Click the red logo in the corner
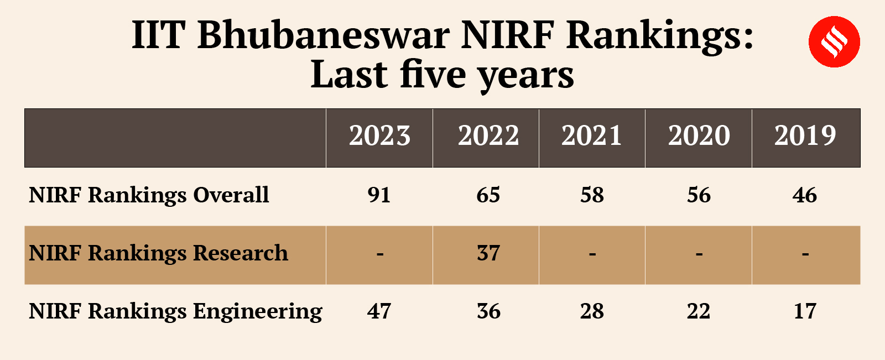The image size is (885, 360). point(834,42)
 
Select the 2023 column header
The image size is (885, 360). point(379,136)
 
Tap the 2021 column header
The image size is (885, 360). point(591,136)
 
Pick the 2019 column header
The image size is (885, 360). point(805,136)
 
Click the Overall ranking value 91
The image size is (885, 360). point(379,195)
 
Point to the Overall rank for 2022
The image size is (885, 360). point(488,195)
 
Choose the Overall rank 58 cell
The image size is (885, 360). point(592,195)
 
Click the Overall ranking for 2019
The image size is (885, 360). point(804,195)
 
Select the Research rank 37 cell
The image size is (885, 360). point(488,253)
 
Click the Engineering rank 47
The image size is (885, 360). point(379,311)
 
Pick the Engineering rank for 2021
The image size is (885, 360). point(592,311)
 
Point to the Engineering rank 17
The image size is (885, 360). point(805,311)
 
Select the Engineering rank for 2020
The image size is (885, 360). point(699,311)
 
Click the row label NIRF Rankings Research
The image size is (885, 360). point(158,253)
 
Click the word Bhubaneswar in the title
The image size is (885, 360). point(324,35)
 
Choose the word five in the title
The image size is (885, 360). point(433,75)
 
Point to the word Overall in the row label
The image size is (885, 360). point(231,195)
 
